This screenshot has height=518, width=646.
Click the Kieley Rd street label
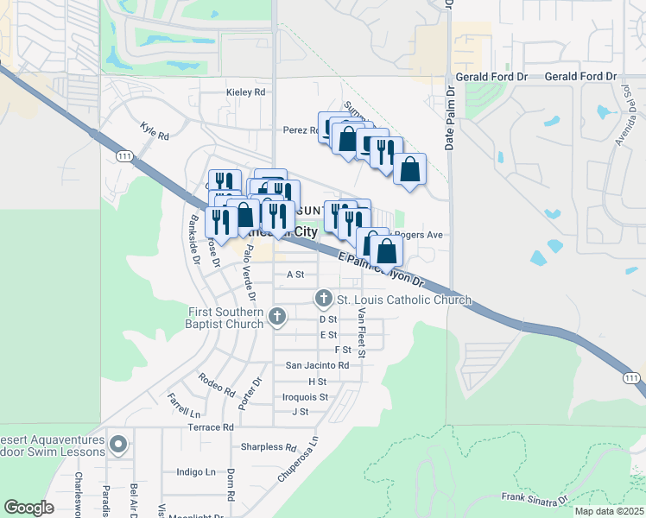click(x=244, y=92)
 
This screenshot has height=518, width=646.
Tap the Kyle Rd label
click(x=155, y=130)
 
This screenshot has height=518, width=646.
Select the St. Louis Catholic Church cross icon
click(x=324, y=299)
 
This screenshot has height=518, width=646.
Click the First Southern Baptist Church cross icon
click(x=276, y=317)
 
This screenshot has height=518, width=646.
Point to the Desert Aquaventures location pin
click(x=118, y=445)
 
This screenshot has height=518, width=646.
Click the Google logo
click(x=28, y=508)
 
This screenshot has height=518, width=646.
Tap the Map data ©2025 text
click(x=609, y=511)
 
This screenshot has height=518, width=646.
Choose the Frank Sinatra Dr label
click(x=535, y=498)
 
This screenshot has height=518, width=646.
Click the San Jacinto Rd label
click(x=317, y=365)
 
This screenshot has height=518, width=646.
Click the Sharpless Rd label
click(x=269, y=447)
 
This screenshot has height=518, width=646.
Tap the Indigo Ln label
click(x=196, y=472)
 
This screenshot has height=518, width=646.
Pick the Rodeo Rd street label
click(x=216, y=385)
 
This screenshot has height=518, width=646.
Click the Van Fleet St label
click(x=363, y=332)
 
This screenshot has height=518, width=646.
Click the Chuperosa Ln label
click(x=299, y=458)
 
